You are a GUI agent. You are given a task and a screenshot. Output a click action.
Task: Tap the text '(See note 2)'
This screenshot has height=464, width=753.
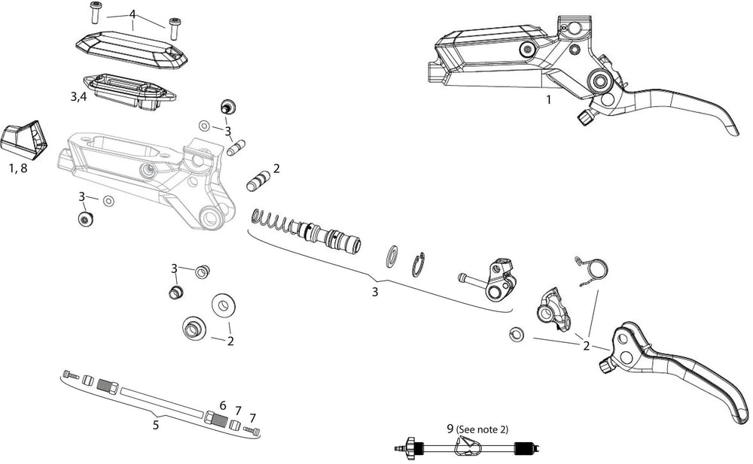(x=483, y=429)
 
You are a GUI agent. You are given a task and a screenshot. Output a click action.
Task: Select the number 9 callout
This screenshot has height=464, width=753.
(x=450, y=429)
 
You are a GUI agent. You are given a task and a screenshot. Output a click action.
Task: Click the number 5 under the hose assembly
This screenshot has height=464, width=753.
(x=155, y=425)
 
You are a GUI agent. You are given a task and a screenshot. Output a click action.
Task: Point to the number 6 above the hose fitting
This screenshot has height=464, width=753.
(x=222, y=405)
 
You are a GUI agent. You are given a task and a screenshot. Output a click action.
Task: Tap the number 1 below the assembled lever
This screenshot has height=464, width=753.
(x=548, y=99)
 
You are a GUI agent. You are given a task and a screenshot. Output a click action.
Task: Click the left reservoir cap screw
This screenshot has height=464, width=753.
(x=96, y=12)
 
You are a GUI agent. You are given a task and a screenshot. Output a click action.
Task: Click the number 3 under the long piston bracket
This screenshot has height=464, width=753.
(x=374, y=292)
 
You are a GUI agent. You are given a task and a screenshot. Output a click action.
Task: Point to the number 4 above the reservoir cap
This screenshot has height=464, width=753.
(x=133, y=14)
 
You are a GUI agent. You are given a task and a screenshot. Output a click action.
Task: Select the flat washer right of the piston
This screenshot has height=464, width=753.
(x=392, y=256)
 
